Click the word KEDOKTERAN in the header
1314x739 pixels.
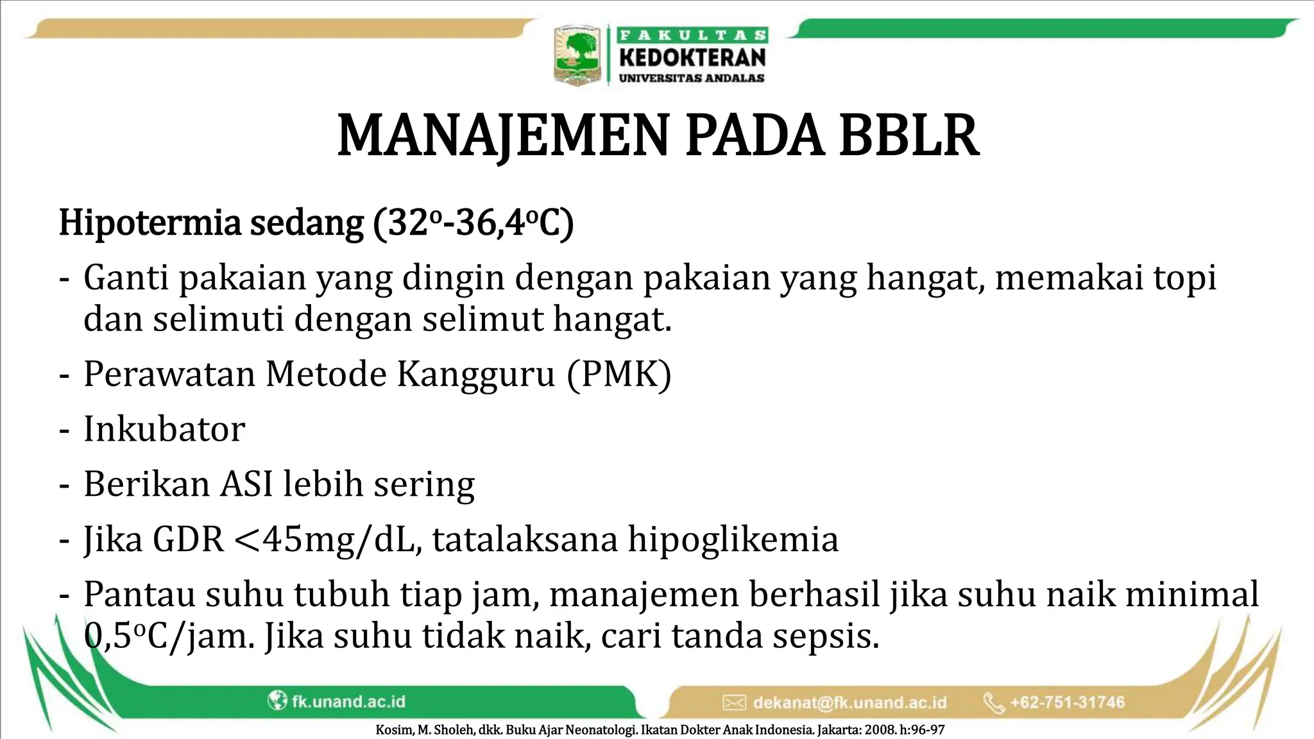point(692,58)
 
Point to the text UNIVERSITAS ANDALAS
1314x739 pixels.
point(692,78)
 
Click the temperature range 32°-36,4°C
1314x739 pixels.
point(472,223)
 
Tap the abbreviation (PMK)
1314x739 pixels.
point(619,373)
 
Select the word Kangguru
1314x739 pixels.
point(475,373)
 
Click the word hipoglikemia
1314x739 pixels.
point(733,539)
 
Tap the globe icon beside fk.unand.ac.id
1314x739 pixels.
point(277,701)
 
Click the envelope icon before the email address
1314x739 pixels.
point(734,702)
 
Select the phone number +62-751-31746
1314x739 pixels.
point(1068,702)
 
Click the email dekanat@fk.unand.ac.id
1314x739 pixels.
point(849,702)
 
